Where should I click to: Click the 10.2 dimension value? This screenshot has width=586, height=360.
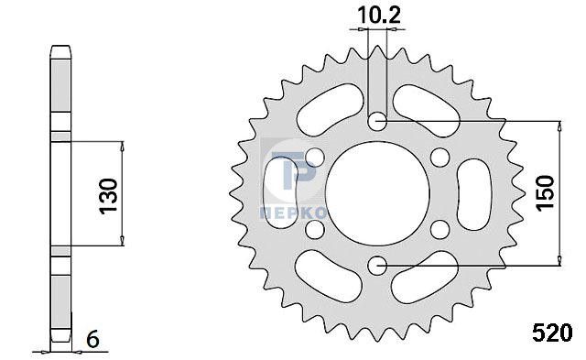click(x=379, y=16)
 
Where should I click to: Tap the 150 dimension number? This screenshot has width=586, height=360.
click(x=545, y=193)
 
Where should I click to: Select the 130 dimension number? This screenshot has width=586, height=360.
click(x=109, y=195)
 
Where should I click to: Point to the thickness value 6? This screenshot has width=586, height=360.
click(x=92, y=340)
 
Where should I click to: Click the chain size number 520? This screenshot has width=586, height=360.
click(x=552, y=333)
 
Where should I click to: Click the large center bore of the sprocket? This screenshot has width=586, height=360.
click(x=377, y=193)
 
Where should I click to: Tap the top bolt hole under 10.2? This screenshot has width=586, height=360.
click(x=377, y=121)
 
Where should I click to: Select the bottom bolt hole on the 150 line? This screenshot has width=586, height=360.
click(x=377, y=266)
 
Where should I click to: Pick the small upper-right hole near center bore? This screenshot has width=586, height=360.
click(x=439, y=158)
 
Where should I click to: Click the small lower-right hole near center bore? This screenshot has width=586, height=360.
click(x=439, y=229)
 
